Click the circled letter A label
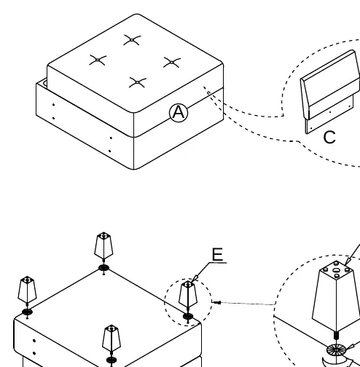click(179, 113)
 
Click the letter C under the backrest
click(329, 137)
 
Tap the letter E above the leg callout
click(217, 254)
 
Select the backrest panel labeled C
click(330, 92)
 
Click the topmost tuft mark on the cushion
click(132, 40)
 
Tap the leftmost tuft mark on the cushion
click(98, 60)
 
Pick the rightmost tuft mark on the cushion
click(172, 63)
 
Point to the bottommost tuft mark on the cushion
click(138, 82)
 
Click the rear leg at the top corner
click(103, 245)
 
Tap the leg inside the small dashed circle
click(188, 294)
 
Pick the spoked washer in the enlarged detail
click(336, 350)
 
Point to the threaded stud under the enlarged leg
click(337, 335)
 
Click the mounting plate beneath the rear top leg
click(104, 268)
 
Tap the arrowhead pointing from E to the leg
click(195, 279)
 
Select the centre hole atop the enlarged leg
click(337, 270)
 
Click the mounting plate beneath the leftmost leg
click(27, 312)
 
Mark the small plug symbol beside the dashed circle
click(216, 302)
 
